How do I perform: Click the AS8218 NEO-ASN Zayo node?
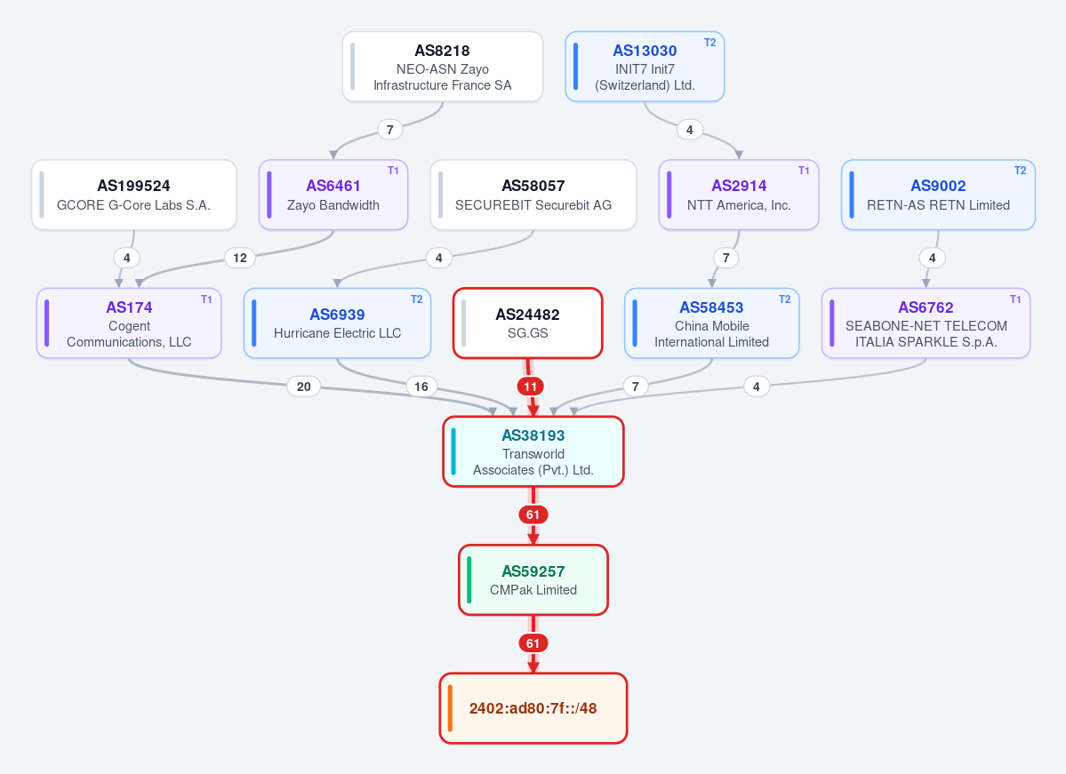(443, 67)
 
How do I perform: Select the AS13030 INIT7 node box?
(645, 67)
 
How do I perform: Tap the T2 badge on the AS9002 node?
(1020, 171)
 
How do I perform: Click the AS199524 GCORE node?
(134, 195)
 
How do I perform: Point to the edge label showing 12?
(240, 258)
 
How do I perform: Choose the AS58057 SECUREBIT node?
(533, 195)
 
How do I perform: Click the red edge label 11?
(530, 387)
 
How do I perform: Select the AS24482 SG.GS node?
(527, 323)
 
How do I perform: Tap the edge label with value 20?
(304, 387)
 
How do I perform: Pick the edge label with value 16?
(421, 387)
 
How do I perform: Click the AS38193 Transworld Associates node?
(533, 452)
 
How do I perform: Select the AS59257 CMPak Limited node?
(533, 580)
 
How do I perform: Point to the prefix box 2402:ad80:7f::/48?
(533, 708)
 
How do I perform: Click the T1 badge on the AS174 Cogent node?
(206, 299)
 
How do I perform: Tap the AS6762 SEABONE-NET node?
(926, 323)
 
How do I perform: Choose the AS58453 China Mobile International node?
(712, 323)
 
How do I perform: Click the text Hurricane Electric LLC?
(337, 333)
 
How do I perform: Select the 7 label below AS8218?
(389, 130)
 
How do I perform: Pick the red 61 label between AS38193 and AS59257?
(533, 515)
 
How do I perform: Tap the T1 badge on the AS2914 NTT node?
(804, 171)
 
